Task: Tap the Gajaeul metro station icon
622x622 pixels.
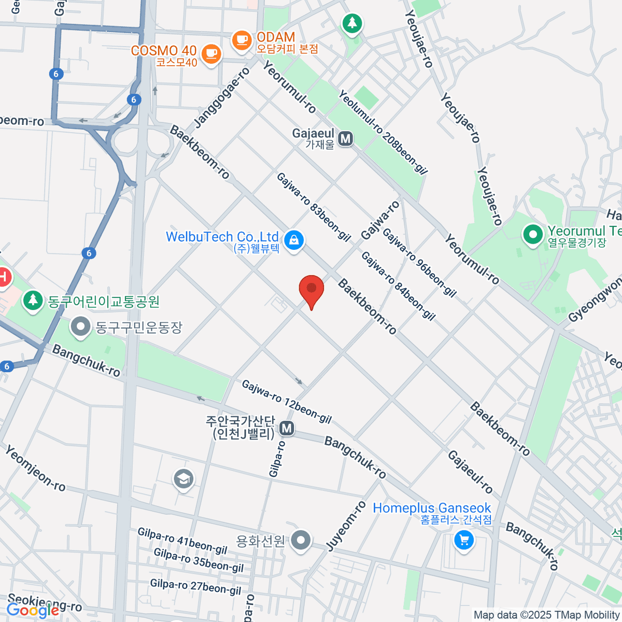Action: coord(345,138)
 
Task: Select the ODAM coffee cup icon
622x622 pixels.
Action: coord(242,40)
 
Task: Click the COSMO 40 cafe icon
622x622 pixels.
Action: coord(210,53)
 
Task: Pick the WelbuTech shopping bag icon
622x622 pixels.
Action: coord(294,240)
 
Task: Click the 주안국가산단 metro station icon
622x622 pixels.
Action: coord(287,428)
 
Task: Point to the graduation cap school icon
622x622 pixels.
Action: coord(183,479)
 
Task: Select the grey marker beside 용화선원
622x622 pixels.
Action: coord(301,541)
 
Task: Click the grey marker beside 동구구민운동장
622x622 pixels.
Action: coord(81,327)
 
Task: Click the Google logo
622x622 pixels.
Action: coord(33,611)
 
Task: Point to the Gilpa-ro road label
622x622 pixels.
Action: coord(276,459)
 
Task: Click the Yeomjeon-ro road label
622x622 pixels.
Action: coord(35,468)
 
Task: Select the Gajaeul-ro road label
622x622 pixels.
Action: coord(470,472)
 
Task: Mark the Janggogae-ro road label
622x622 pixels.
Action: coord(222,97)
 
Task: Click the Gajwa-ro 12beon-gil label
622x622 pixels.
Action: coord(286,402)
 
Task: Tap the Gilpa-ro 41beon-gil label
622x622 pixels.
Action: coord(182,541)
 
